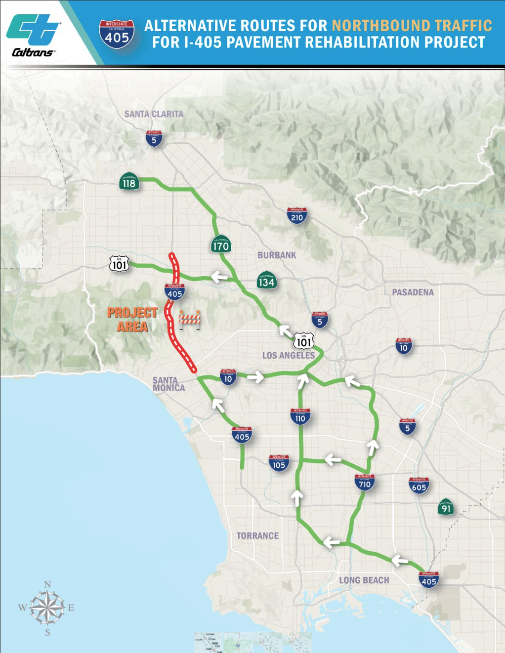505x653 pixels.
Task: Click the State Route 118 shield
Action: [129, 182]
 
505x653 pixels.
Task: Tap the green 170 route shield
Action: [221, 244]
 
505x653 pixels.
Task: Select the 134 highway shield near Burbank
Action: [266, 281]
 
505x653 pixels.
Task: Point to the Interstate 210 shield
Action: [297, 216]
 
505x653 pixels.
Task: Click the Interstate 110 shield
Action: [300, 416]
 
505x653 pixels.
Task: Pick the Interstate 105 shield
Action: [279, 463]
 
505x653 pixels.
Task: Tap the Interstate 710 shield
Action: [365, 483]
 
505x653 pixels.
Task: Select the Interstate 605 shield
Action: [419, 486]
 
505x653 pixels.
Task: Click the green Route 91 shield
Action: [446, 507]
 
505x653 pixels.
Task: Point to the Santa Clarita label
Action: [154, 114]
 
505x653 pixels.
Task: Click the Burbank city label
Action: [277, 255]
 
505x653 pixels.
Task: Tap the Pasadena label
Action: [413, 292]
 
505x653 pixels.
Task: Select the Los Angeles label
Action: [288, 355]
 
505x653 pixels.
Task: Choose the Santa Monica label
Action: [168, 384]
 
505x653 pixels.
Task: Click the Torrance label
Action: [257, 536]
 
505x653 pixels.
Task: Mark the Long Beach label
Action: [364, 580]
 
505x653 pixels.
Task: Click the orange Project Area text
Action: [132, 320]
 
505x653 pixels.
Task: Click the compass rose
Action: [47, 608]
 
